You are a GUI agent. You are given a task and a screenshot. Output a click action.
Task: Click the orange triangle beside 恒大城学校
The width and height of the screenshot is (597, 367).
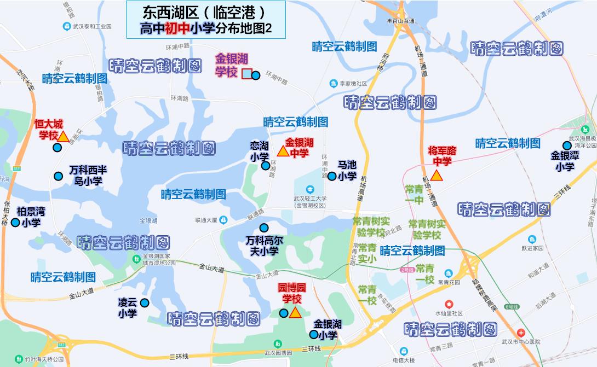(63, 137)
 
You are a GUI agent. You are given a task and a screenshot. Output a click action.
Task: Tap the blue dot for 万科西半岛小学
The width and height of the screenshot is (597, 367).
(58, 176)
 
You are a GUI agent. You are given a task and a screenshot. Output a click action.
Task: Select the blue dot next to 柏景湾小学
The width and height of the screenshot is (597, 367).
(15, 223)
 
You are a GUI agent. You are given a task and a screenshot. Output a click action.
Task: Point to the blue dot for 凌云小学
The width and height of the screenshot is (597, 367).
(145, 302)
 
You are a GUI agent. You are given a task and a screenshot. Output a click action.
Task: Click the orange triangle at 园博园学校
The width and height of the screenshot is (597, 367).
(295, 313)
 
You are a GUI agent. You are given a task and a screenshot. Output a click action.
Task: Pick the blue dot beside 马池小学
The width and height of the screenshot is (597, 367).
(331, 176)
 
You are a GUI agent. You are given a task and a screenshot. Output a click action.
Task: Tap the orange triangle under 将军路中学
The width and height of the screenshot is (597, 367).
(437, 176)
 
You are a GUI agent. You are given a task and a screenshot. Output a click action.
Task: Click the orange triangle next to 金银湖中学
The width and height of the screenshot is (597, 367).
(283, 151)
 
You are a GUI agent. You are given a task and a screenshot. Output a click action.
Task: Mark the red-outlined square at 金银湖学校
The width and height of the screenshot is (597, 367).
(247, 74)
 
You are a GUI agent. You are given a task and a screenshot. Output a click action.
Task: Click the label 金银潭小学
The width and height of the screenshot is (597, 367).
(565, 161)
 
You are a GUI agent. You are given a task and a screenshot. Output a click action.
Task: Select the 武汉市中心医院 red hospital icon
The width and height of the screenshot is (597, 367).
(520, 333)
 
